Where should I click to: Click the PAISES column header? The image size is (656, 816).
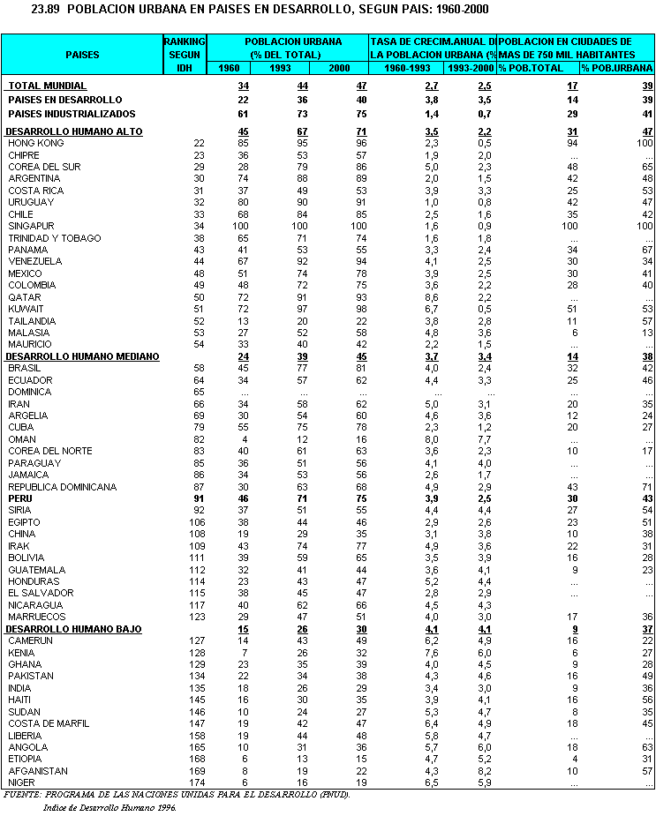pyautogui.click(x=82, y=55)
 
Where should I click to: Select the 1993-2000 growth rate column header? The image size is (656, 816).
pyautogui.click(x=470, y=68)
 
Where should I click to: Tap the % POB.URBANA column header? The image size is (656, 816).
pyautogui.click(x=615, y=68)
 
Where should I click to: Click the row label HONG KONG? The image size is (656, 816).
pyautogui.click(x=35, y=143)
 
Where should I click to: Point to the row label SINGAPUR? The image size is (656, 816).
pyautogui.click(x=31, y=226)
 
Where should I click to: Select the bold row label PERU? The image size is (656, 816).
pyautogui.click(x=21, y=498)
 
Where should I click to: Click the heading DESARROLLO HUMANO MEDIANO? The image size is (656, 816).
pyautogui.click(x=82, y=356)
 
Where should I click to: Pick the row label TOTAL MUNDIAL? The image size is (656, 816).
pyautogui.click(x=48, y=86)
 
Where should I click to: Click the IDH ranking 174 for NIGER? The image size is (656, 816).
pyautogui.click(x=197, y=782)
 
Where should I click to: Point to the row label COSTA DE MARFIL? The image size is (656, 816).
pyautogui.click(x=49, y=723)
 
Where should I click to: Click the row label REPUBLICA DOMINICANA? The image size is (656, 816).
pyautogui.click(x=63, y=487)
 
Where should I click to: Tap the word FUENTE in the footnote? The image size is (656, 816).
pyautogui.click(x=23, y=794)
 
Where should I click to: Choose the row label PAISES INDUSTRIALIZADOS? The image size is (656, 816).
pyautogui.click(x=72, y=114)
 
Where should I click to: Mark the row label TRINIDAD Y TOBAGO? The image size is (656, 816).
pyautogui.click(x=55, y=238)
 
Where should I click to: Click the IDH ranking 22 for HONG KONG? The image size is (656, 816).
pyautogui.click(x=200, y=143)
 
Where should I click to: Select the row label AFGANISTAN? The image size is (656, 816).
pyautogui.click(x=38, y=771)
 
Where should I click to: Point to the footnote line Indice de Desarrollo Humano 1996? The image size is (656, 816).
pyautogui.click(x=109, y=806)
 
